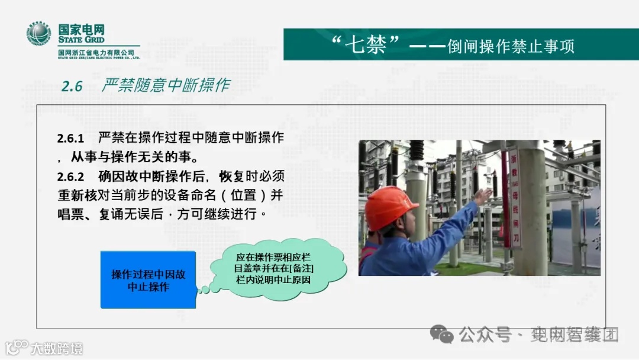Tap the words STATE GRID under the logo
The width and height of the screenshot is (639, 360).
81,40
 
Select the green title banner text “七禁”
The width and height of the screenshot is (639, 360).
367,45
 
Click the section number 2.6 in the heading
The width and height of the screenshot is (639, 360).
72,86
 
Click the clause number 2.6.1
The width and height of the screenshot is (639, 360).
70,139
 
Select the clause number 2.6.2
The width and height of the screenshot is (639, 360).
70,176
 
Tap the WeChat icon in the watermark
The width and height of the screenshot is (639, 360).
442,335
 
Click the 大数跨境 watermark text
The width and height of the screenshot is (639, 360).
57,348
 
